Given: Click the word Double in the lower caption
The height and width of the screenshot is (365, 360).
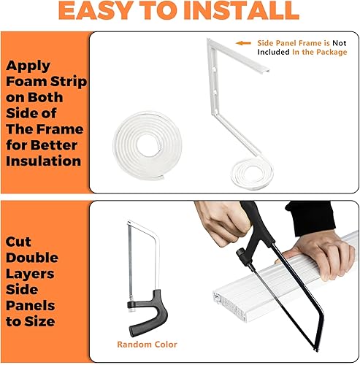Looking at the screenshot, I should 33,258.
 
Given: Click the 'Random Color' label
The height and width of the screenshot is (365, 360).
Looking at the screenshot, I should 147,344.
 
